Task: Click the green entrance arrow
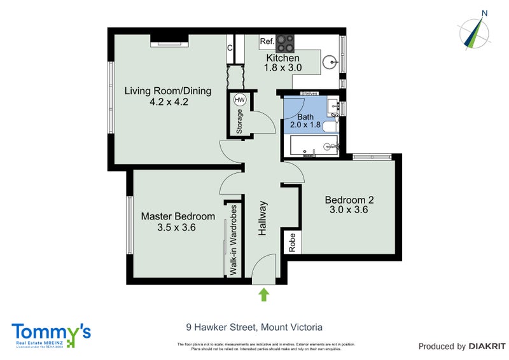pyautogui.click(x=264, y=294)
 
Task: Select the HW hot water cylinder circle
pyautogui.click(x=240, y=100)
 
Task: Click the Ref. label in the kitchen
pyautogui.click(x=267, y=42)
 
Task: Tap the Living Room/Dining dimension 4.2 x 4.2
pyautogui.click(x=169, y=101)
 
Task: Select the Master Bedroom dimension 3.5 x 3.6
pyautogui.click(x=178, y=227)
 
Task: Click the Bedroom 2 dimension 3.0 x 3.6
pyautogui.click(x=349, y=209)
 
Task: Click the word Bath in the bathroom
pyautogui.click(x=305, y=116)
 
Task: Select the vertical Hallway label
pyautogui.click(x=262, y=219)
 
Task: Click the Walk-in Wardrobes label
pyautogui.click(x=234, y=241)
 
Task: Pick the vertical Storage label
pyautogui.click(x=239, y=121)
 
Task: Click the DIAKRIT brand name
pyautogui.click(x=487, y=347)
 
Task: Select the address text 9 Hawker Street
pyautogui.click(x=220, y=328)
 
